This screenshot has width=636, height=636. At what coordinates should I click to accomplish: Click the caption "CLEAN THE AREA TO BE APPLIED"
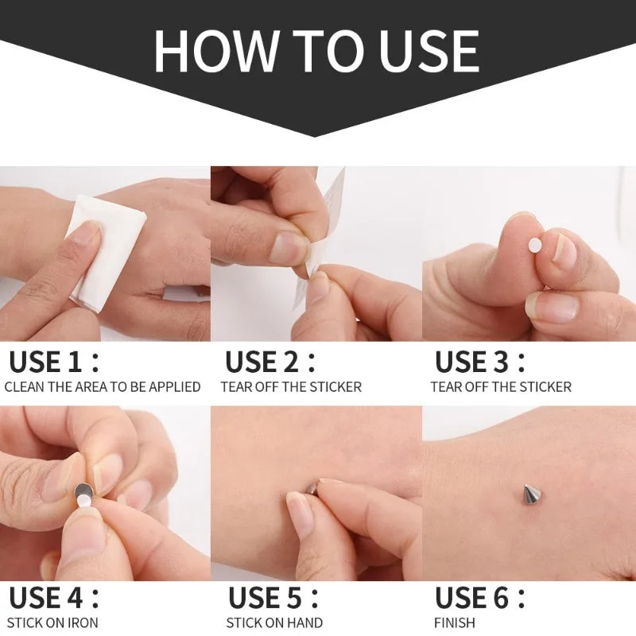tap(103, 387)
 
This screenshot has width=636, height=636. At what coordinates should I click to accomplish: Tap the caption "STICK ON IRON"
tap(52, 622)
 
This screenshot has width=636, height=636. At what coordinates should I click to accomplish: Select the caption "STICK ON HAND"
tap(274, 622)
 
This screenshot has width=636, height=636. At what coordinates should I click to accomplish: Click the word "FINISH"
tap(455, 622)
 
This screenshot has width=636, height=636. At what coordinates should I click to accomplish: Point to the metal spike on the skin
tap(530, 494)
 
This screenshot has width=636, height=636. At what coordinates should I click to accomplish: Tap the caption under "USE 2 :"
tap(291, 387)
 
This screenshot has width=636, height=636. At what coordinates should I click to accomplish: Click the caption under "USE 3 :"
tap(501, 387)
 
